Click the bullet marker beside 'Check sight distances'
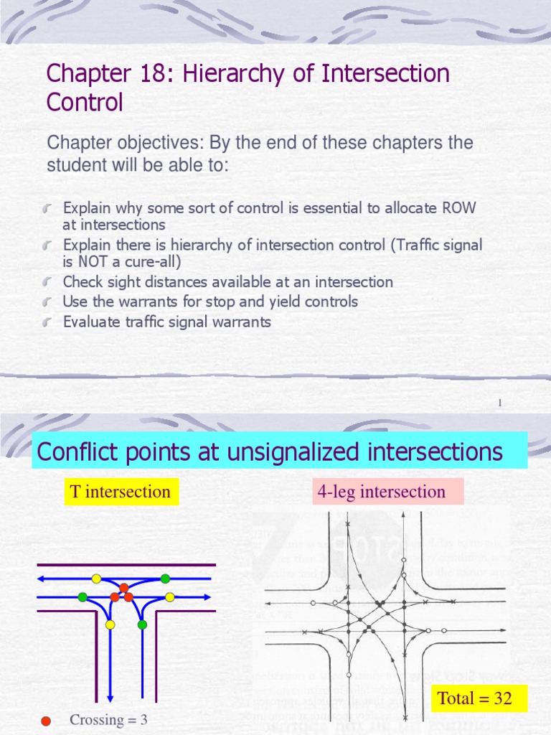tap(48, 282)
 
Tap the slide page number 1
tap(499, 403)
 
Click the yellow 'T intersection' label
tap(121, 492)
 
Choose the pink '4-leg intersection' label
tap(381, 492)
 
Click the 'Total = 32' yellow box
tap(475, 698)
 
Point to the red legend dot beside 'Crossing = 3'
tap(46, 721)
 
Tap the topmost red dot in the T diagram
tap(123, 588)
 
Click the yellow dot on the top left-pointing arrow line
tap(96, 579)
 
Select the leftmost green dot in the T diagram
tap(83, 596)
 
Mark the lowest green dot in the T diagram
tap(142, 624)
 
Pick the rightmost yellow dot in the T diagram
tap(170, 596)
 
